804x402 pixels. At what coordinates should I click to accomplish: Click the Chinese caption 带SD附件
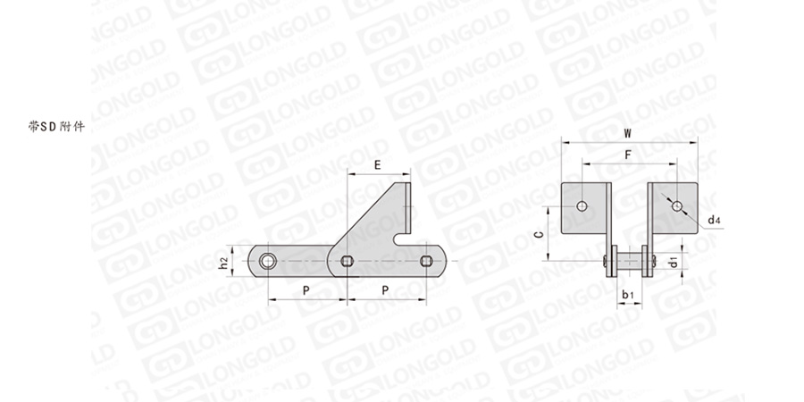click(x=56, y=126)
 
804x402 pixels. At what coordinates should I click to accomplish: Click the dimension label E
click(x=377, y=165)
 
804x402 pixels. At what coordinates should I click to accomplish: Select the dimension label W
click(x=628, y=133)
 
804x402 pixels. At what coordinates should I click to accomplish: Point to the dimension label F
click(x=628, y=155)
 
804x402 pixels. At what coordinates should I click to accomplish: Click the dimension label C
click(x=538, y=235)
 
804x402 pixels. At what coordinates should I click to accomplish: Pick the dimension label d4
click(x=715, y=221)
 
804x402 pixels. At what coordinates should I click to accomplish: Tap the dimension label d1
click(x=674, y=261)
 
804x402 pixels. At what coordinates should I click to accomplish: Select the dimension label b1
click(x=628, y=295)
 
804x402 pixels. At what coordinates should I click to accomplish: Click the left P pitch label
click(x=306, y=290)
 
